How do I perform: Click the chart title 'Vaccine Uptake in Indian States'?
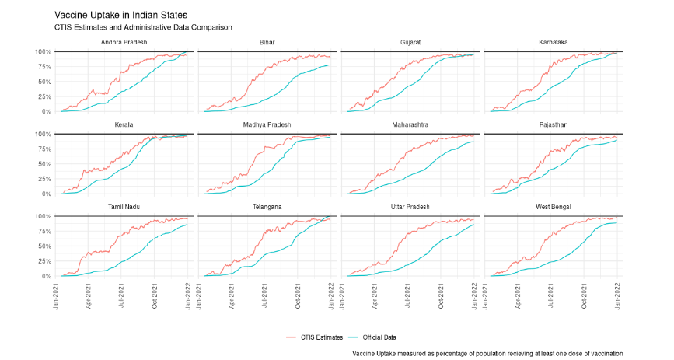(x=120, y=15)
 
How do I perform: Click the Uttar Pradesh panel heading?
(x=410, y=206)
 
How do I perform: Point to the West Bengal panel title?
(x=553, y=206)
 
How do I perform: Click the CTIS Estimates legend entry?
(x=314, y=337)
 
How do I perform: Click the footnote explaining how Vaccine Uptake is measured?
(x=487, y=353)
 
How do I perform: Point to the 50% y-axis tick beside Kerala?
(x=44, y=164)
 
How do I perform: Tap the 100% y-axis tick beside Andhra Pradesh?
(x=42, y=52)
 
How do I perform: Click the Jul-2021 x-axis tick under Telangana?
(x=264, y=292)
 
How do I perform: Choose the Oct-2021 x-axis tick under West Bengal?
(x=584, y=292)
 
